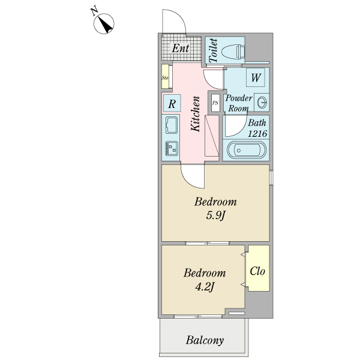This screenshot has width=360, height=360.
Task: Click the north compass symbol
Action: click(x=104, y=23)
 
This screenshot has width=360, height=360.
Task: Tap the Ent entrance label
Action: click(x=181, y=48)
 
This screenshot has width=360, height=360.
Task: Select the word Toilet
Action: click(x=213, y=51)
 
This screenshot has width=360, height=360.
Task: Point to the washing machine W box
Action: click(x=256, y=77)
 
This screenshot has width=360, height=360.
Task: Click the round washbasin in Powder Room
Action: click(x=262, y=102)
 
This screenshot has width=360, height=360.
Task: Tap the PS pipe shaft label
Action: click(x=215, y=103)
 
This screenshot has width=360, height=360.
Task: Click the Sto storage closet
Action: click(x=165, y=76)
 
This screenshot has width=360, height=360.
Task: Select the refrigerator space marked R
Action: click(x=172, y=103)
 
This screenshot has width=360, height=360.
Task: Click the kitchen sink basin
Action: click(x=172, y=125)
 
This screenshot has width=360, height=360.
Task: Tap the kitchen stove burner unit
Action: click(x=172, y=148)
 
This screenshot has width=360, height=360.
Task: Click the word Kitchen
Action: click(x=196, y=114)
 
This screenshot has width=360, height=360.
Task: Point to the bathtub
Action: click(x=247, y=150)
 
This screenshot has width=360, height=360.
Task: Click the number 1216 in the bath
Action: click(x=257, y=133)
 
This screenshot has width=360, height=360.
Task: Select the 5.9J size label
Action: click(x=216, y=215)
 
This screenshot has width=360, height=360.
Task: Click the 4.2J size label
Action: click(x=205, y=287)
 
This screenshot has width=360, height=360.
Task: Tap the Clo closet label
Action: click(x=257, y=271)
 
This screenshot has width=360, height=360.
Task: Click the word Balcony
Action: click(x=205, y=340)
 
